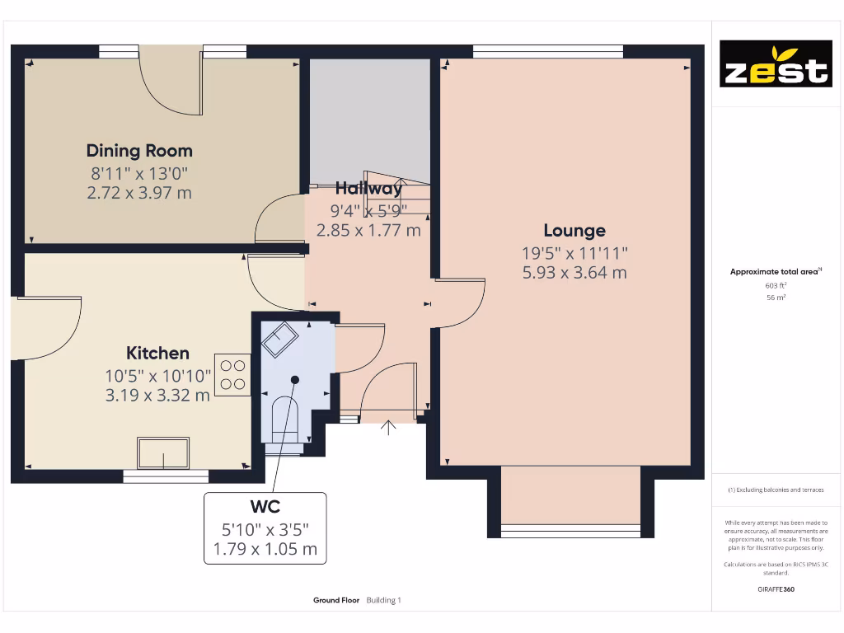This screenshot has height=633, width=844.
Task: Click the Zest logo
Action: coord(776,63)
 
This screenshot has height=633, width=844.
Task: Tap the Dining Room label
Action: coord(139,151)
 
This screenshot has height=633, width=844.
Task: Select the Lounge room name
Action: coord(574,231)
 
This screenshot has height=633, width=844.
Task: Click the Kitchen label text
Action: coord(157,353)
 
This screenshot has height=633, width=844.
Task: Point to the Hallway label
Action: coord(368,188)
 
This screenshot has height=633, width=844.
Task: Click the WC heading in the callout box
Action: coord(265,506)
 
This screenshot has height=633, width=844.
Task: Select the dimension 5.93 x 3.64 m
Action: coord(574,272)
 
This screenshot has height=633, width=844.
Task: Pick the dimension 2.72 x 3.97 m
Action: coord(139,193)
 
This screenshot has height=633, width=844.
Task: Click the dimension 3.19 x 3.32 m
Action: coord(157,395)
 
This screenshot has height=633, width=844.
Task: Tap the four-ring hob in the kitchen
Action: coord(232,374)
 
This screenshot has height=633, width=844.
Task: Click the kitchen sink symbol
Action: coord(163,452)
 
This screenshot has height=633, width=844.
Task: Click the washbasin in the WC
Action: coord(279,338)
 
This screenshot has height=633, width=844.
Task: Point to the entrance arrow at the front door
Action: coord(388,428)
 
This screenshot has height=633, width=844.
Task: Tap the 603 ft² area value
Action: coord(776,285)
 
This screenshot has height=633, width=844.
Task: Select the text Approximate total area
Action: coord(773,272)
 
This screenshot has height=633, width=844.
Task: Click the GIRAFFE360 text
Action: coord(776,589)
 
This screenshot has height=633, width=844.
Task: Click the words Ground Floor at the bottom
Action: coord(336,601)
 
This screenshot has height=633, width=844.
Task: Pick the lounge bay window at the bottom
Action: coord(570,527)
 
